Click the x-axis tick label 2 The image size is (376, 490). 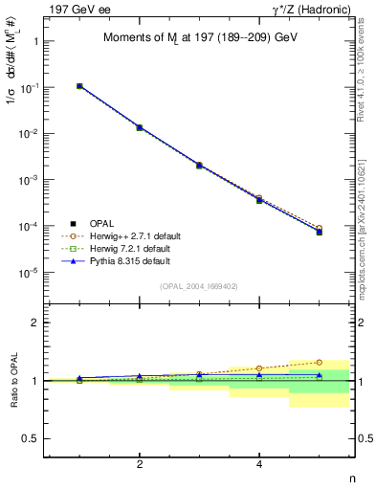click(140, 465)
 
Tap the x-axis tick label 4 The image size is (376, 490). click(259, 465)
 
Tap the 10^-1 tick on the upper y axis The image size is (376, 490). click(34, 87)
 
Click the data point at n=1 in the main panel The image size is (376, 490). click(79, 86)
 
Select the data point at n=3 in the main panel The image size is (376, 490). click(199, 165)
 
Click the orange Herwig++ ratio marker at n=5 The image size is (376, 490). click(319, 363)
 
